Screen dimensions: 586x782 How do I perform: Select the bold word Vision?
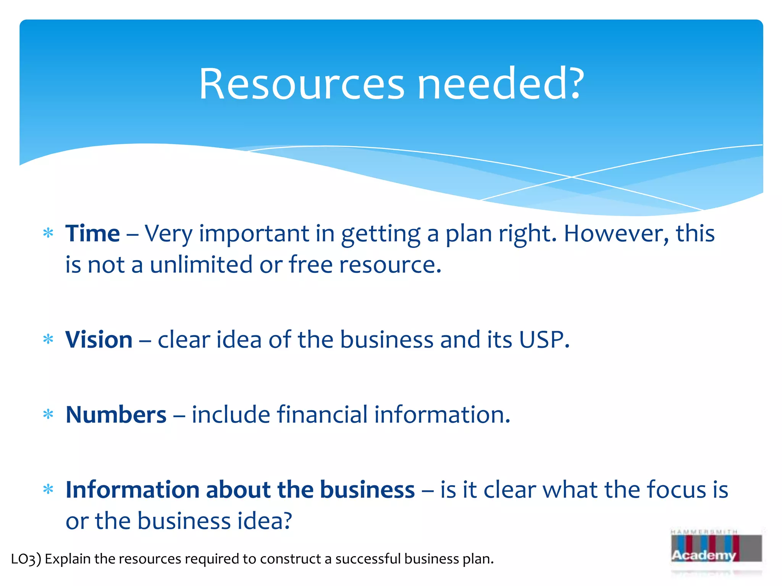(x=99, y=339)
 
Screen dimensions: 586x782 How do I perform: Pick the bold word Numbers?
(x=116, y=414)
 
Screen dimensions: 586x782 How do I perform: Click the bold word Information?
(x=132, y=489)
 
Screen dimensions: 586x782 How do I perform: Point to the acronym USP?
(x=544, y=339)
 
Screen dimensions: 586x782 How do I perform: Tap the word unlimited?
(x=201, y=264)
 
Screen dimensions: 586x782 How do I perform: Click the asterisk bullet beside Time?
(x=48, y=233)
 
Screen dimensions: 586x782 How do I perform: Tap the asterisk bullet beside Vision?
(x=48, y=339)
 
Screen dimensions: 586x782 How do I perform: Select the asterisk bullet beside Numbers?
(x=48, y=414)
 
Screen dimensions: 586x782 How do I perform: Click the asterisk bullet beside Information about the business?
(x=48, y=489)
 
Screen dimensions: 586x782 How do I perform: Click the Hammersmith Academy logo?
(x=716, y=549)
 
